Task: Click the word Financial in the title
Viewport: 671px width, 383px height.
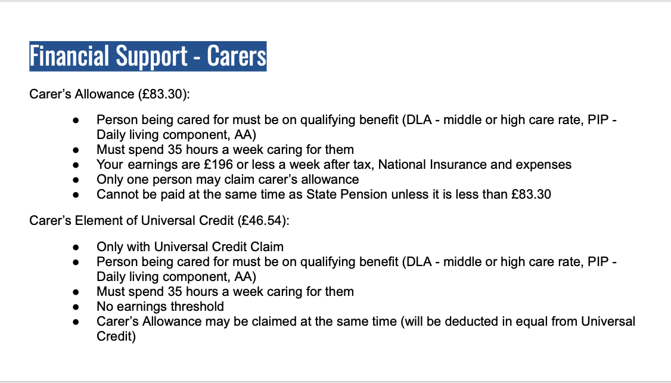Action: pos(69,56)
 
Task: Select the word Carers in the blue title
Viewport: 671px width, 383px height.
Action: pos(237,56)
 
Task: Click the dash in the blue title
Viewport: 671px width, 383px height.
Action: pos(197,57)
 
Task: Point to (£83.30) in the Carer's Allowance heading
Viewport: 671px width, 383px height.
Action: pos(164,94)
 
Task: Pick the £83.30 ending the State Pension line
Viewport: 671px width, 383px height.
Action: pos(531,194)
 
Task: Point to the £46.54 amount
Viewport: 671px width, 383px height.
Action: pos(262,221)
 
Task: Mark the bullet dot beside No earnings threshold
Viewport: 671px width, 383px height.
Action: pos(76,307)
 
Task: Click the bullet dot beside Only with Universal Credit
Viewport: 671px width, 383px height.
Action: pos(76,247)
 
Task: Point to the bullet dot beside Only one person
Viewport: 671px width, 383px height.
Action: pos(76,180)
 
